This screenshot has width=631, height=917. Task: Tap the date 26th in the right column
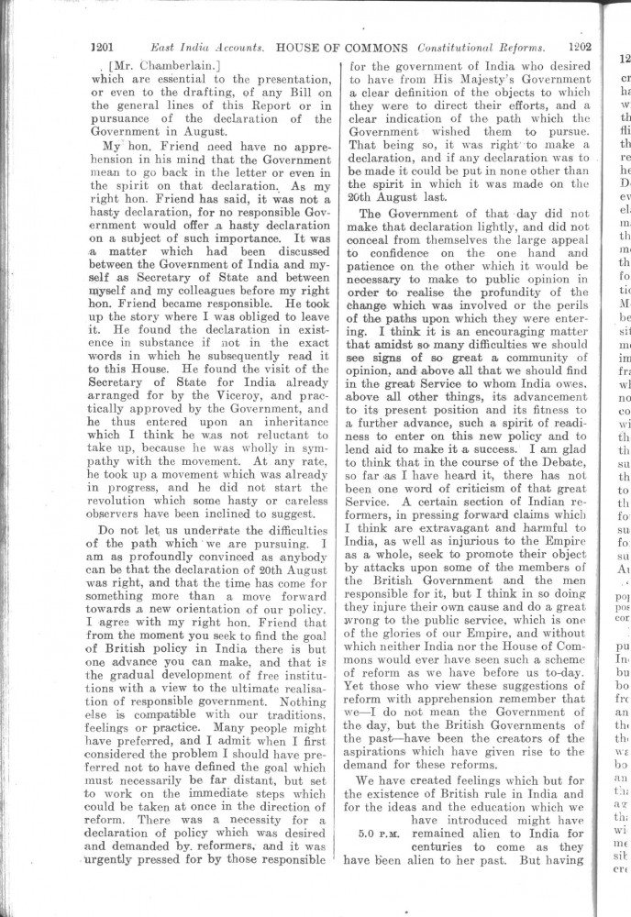click(364, 197)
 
